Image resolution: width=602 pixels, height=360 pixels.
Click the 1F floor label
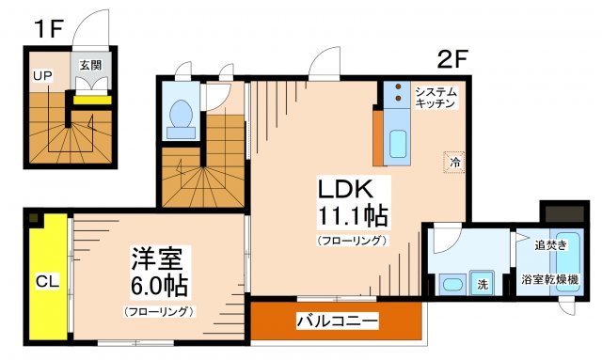coord(48,29)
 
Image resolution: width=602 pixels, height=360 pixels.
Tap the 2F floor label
coord(452,59)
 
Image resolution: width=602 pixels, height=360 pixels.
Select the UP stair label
coord(42,75)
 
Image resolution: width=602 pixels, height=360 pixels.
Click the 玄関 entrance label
coord(90,65)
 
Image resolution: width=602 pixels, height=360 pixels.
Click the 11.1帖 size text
coord(348,216)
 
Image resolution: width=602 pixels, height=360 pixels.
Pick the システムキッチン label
coord(436,97)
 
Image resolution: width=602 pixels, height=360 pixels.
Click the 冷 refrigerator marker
coord(454,163)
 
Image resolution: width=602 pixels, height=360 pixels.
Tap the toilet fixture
coord(180,114)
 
